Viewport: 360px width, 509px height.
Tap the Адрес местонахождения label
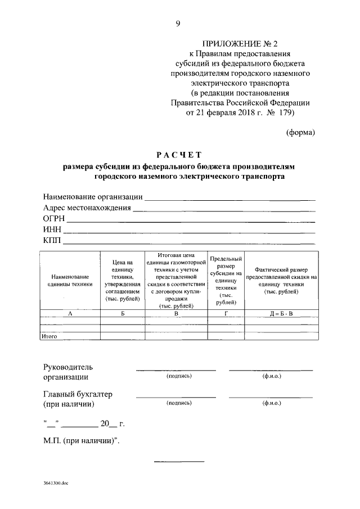(x=87, y=208)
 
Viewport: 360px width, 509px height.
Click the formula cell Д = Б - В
(x=277, y=313)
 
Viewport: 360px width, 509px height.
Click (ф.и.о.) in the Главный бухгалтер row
(x=272, y=403)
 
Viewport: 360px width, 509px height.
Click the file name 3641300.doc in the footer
(x=56, y=483)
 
